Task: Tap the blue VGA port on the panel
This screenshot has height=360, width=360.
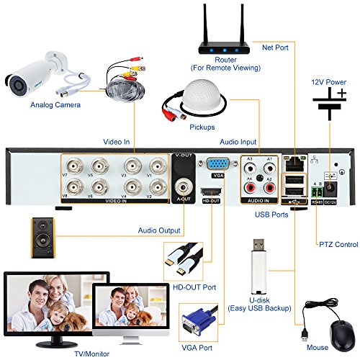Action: coord(217,164)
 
